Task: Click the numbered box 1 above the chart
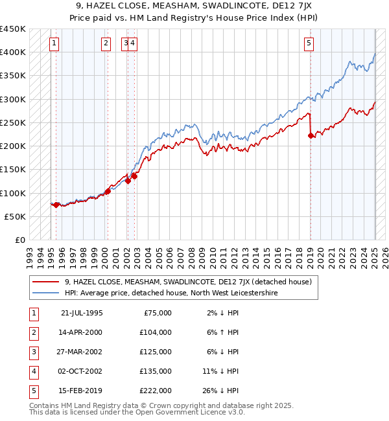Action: coord(53,43)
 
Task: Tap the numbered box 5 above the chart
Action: coord(309,43)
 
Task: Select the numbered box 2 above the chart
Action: coord(105,43)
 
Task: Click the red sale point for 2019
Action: coord(311,135)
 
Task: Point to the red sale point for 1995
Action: coord(56,205)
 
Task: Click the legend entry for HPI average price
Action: coord(171,293)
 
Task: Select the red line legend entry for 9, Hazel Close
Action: coord(188,282)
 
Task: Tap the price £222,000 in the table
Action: coord(156,391)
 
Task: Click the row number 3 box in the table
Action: coord(32,352)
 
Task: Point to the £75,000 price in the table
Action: coord(158,313)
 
